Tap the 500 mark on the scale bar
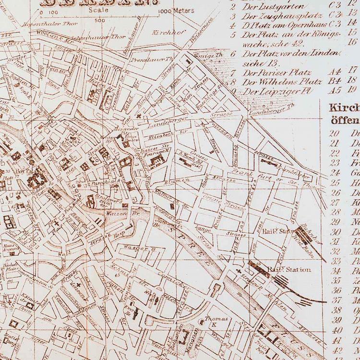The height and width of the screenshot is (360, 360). [x=100, y=21]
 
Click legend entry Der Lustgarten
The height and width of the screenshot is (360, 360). [x=267, y=7]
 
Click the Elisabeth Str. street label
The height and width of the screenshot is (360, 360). [x=162, y=135]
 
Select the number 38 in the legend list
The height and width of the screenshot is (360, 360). [x=337, y=310]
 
